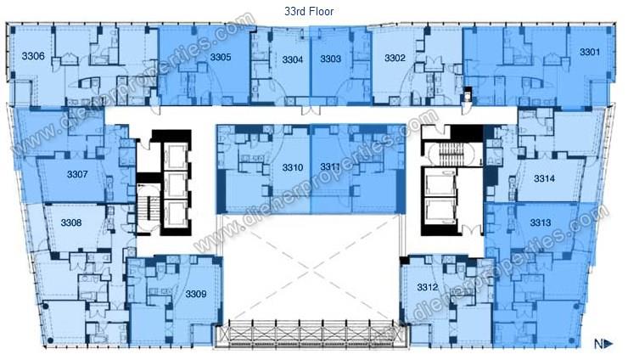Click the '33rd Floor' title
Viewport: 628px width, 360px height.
point(309,11)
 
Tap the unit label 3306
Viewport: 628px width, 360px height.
point(33,56)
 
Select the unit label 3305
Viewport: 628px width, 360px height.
point(221,58)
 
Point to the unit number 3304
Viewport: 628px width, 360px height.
point(293,59)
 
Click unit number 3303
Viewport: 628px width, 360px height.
point(330,59)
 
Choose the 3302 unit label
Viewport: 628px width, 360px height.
point(395,58)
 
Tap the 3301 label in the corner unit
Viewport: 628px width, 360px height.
point(590,52)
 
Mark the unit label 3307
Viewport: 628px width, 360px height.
point(77,174)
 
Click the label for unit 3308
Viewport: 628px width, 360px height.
point(71,222)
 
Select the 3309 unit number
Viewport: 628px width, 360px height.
point(196,295)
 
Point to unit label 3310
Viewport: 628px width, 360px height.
point(293,167)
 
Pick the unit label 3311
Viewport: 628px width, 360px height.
point(330,166)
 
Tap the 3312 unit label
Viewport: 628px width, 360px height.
point(428,287)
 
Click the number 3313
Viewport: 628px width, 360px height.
point(541,222)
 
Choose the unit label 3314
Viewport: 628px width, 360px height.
point(544,178)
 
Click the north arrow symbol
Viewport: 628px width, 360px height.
point(603,344)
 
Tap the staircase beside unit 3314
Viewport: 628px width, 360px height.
point(451,154)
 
